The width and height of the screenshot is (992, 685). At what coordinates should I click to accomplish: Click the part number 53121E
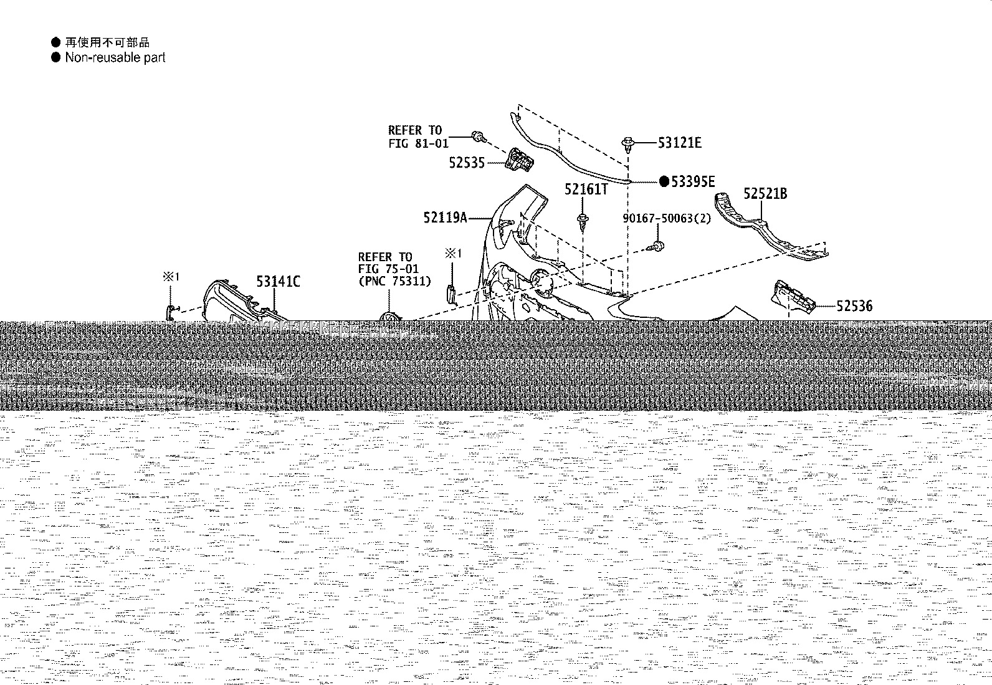[x=679, y=143]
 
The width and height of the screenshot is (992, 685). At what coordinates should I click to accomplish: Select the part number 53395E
[x=693, y=181]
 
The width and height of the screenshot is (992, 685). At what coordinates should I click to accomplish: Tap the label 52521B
[x=765, y=194]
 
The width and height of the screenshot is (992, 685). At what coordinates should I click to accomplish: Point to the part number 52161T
[x=586, y=189]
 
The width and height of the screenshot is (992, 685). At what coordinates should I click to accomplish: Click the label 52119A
[x=445, y=218]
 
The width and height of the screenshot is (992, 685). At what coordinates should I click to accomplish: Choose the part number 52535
[x=467, y=163]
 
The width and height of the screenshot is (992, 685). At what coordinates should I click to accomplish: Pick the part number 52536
[x=854, y=305]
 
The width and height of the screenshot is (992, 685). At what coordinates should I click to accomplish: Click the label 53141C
[x=278, y=281]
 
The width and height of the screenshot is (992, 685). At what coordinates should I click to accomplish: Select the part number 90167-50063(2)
[x=667, y=218]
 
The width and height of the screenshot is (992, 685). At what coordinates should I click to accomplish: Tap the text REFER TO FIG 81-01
[x=418, y=137]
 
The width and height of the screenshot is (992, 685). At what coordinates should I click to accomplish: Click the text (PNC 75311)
[x=394, y=281]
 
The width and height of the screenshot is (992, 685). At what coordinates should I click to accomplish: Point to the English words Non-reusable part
[x=115, y=57]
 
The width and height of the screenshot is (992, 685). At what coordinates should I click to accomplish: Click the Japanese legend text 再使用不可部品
[x=108, y=42]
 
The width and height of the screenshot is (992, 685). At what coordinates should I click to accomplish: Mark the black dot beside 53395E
[x=664, y=181]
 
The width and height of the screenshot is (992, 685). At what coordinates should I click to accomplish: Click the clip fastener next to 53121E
[x=628, y=145]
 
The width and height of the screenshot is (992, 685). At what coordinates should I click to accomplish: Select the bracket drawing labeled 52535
[x=520, y=160]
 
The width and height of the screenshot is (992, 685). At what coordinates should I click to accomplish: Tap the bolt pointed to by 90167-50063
[x=656, y=246]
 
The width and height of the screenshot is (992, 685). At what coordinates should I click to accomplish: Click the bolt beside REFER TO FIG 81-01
[x=479, y=137]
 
